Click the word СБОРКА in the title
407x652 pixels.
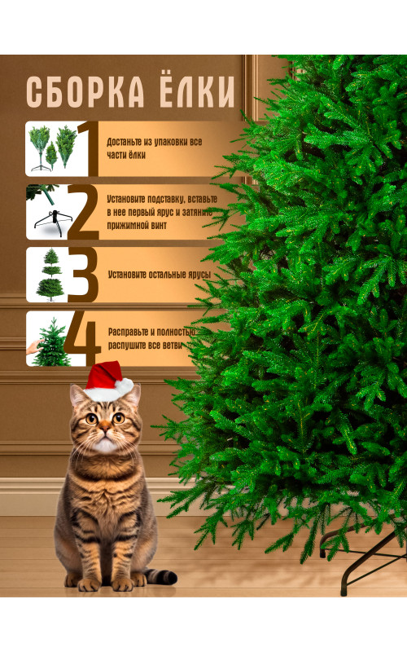point(85,92)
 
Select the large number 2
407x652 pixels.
point(84,212)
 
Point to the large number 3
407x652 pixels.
point(83,275)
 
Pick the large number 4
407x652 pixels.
point(82,338)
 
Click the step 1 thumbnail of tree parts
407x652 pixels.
point(52,148)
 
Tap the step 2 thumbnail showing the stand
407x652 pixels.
point(49,212)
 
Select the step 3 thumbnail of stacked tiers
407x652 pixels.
point(49,275)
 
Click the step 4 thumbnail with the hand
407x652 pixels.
point(49,339)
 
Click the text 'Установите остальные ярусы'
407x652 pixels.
point(160,275)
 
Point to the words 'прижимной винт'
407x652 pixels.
point(137,226)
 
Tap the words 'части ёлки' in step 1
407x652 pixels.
point(126,155)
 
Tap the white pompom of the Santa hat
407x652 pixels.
point(125,385)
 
